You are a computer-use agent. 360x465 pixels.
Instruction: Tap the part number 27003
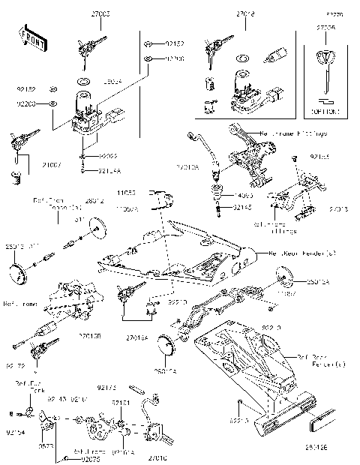click(100, 14)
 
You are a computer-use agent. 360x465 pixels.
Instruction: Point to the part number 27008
click(325, 28)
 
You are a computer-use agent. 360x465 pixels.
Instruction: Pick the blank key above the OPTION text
click(325, 71)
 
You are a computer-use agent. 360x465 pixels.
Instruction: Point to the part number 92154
click(15, 433)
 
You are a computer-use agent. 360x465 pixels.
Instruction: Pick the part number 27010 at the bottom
click(157, 457)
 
